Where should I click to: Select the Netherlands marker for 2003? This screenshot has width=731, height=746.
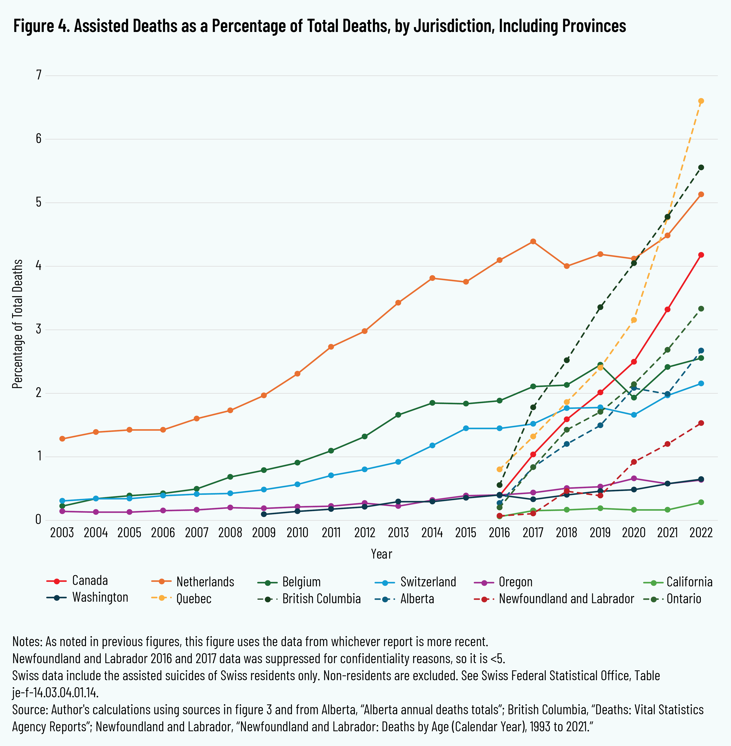[x=62, y=438]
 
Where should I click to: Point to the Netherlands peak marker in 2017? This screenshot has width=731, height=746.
[x=533, y=241]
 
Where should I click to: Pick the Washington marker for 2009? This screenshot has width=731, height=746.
[x=264, y=514]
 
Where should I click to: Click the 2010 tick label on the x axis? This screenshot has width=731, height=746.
[x=298, y=533]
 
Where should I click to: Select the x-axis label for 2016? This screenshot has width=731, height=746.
[x=500, y=533]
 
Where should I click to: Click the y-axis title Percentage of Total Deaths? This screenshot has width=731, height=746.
[x=17, y=324]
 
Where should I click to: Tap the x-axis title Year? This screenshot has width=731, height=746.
[x=381, y=554]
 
